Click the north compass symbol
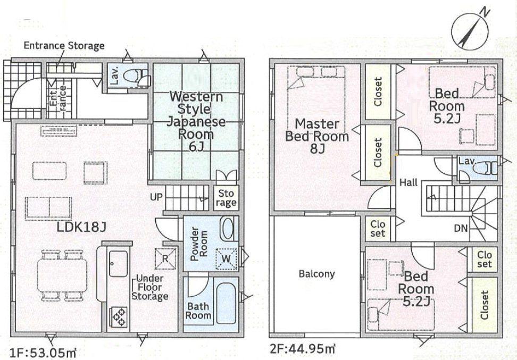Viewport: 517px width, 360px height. click(x=470, y=31)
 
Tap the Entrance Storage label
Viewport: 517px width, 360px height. click(x=64, y=46)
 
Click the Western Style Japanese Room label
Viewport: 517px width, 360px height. click(x=196, y=121)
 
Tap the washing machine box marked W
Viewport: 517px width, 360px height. click(x=226, y=258)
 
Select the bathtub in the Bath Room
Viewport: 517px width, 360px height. click(x=226, y=303)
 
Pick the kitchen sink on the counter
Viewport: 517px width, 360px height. click(x=118, y=264)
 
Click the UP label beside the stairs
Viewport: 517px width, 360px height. click(x=156, y=197)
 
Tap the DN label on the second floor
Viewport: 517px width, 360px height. click(x=461, y=228)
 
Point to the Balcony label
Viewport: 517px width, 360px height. click(x=316, y=274)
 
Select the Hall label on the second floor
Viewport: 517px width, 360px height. click(x=408, y=182)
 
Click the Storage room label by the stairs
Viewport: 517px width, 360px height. click(x=226, y=198)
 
